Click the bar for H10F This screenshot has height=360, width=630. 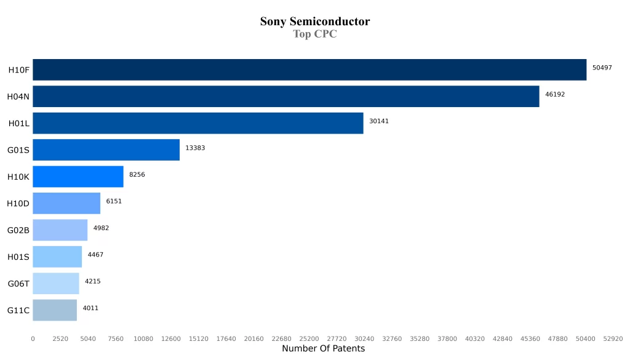pyautogui.click(x=309, y=70)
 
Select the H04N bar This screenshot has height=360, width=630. pyautogui.click(x=286, y=96)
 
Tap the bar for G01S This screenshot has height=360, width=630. pyautogui.click(x=106, y=150)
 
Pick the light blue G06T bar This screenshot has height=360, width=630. pyautogui.click(x=56, y=283)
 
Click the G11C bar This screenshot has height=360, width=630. pyautogui.click(x=55, y=310)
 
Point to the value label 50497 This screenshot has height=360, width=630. pyautogui.click(x=602, y=68)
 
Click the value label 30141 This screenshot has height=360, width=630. pyautogui.click(x=379, y=121)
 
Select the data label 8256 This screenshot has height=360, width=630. pyautogui.click(x=137, y=175)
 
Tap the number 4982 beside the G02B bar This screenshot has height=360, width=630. pyautogui.click(x=101, y=228)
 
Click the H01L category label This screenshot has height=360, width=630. pyautogui.click(x=19, y=123)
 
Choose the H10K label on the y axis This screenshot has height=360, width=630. pyautogui.click(x=18, y=177)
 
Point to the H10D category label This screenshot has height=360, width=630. pyautogui.click(x=18, y=203)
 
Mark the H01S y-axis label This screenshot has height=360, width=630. pyautogui.click(x=18, y=257)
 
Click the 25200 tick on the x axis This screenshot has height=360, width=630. pyautogui.click(x=309, y=338)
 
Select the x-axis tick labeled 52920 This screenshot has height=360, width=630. pyautogui.click(x=613, y=338)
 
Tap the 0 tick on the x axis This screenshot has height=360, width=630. pyautogui.click(x=33, y=338)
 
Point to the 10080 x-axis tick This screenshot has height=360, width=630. pyautogui.click(x=143, y=338)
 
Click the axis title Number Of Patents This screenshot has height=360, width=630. pyautogui.click(x=323, y=349)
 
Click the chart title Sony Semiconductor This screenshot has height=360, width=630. pyautogui.click(x=315, y=22)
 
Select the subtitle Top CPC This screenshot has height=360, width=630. pyautogui.click(x=315, y=34)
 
